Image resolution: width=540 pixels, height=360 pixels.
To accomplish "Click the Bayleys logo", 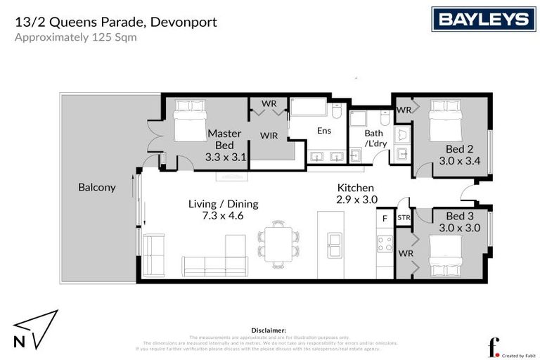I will click(x=484, y=19).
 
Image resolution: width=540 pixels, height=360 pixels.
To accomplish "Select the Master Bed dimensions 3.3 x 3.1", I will click(x=226, y=157).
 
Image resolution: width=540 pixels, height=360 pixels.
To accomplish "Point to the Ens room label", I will click(x=323, y=130).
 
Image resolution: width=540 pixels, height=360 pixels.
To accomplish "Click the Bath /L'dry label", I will click(x=375, y=139).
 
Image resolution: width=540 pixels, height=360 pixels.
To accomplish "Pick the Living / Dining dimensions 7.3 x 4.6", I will click(x=223, y=216).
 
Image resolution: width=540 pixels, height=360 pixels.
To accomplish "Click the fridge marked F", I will click(x=385, y=219).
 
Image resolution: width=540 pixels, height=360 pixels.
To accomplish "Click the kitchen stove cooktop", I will click(x=385, y=244).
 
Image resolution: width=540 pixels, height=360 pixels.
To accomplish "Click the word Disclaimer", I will click(x=268, y=329).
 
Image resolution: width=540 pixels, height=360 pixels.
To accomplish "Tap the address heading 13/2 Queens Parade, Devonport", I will click(x=116, y=22).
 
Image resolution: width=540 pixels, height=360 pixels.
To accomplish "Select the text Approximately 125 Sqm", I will click(x=76, y=37).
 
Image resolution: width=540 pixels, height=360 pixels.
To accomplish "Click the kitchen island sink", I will click(x=335, y=246).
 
